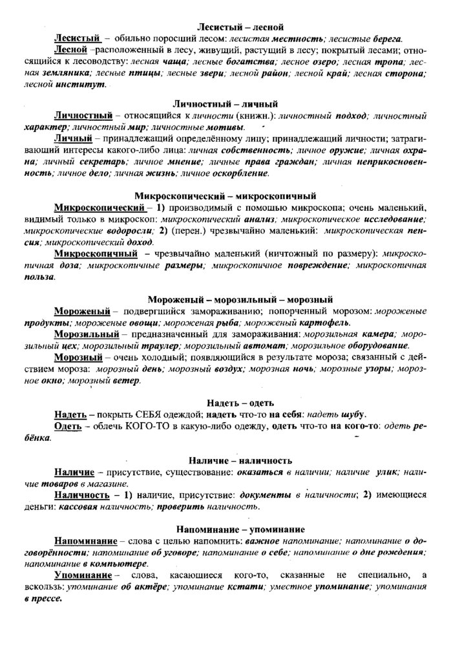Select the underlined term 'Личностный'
84,115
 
